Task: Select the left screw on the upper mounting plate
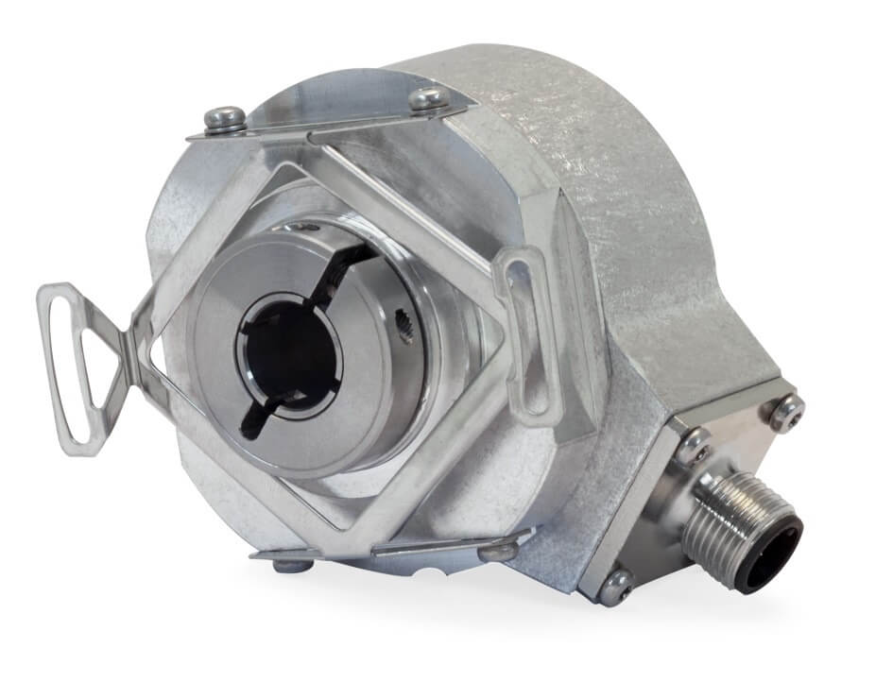(225, 118)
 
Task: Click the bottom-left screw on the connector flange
(616, 586)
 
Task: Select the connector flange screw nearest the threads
(695, 444)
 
